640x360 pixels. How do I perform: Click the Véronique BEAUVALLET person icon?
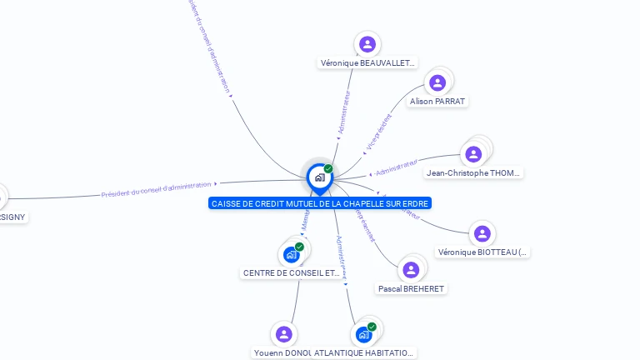point(367,44)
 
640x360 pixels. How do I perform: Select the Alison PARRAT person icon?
point(437,82)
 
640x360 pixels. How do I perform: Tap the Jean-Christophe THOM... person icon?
point(473,154)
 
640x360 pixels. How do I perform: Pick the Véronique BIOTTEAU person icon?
point(482,234)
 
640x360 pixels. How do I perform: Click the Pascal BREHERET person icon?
point(410,270)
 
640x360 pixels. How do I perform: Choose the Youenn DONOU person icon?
point(284,334)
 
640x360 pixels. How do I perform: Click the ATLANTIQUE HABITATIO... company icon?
point(364,334)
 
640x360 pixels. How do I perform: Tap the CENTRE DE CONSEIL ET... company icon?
point(291,254)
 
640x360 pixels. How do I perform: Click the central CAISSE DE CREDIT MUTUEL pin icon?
point(319,177)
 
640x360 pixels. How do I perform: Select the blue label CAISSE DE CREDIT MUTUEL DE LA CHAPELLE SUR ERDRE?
point(321,203)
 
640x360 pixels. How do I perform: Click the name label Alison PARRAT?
point(437,102)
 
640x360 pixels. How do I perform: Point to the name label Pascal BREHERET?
point(411,289)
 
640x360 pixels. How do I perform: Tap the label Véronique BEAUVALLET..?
point(367,63)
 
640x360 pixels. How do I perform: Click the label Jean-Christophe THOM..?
point(473,173)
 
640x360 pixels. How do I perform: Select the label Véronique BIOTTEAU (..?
point(483,252)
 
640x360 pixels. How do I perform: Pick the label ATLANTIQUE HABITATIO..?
point(364,352)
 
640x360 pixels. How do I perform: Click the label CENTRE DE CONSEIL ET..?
point(292,273)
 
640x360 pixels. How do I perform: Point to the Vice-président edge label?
point(378,134)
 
